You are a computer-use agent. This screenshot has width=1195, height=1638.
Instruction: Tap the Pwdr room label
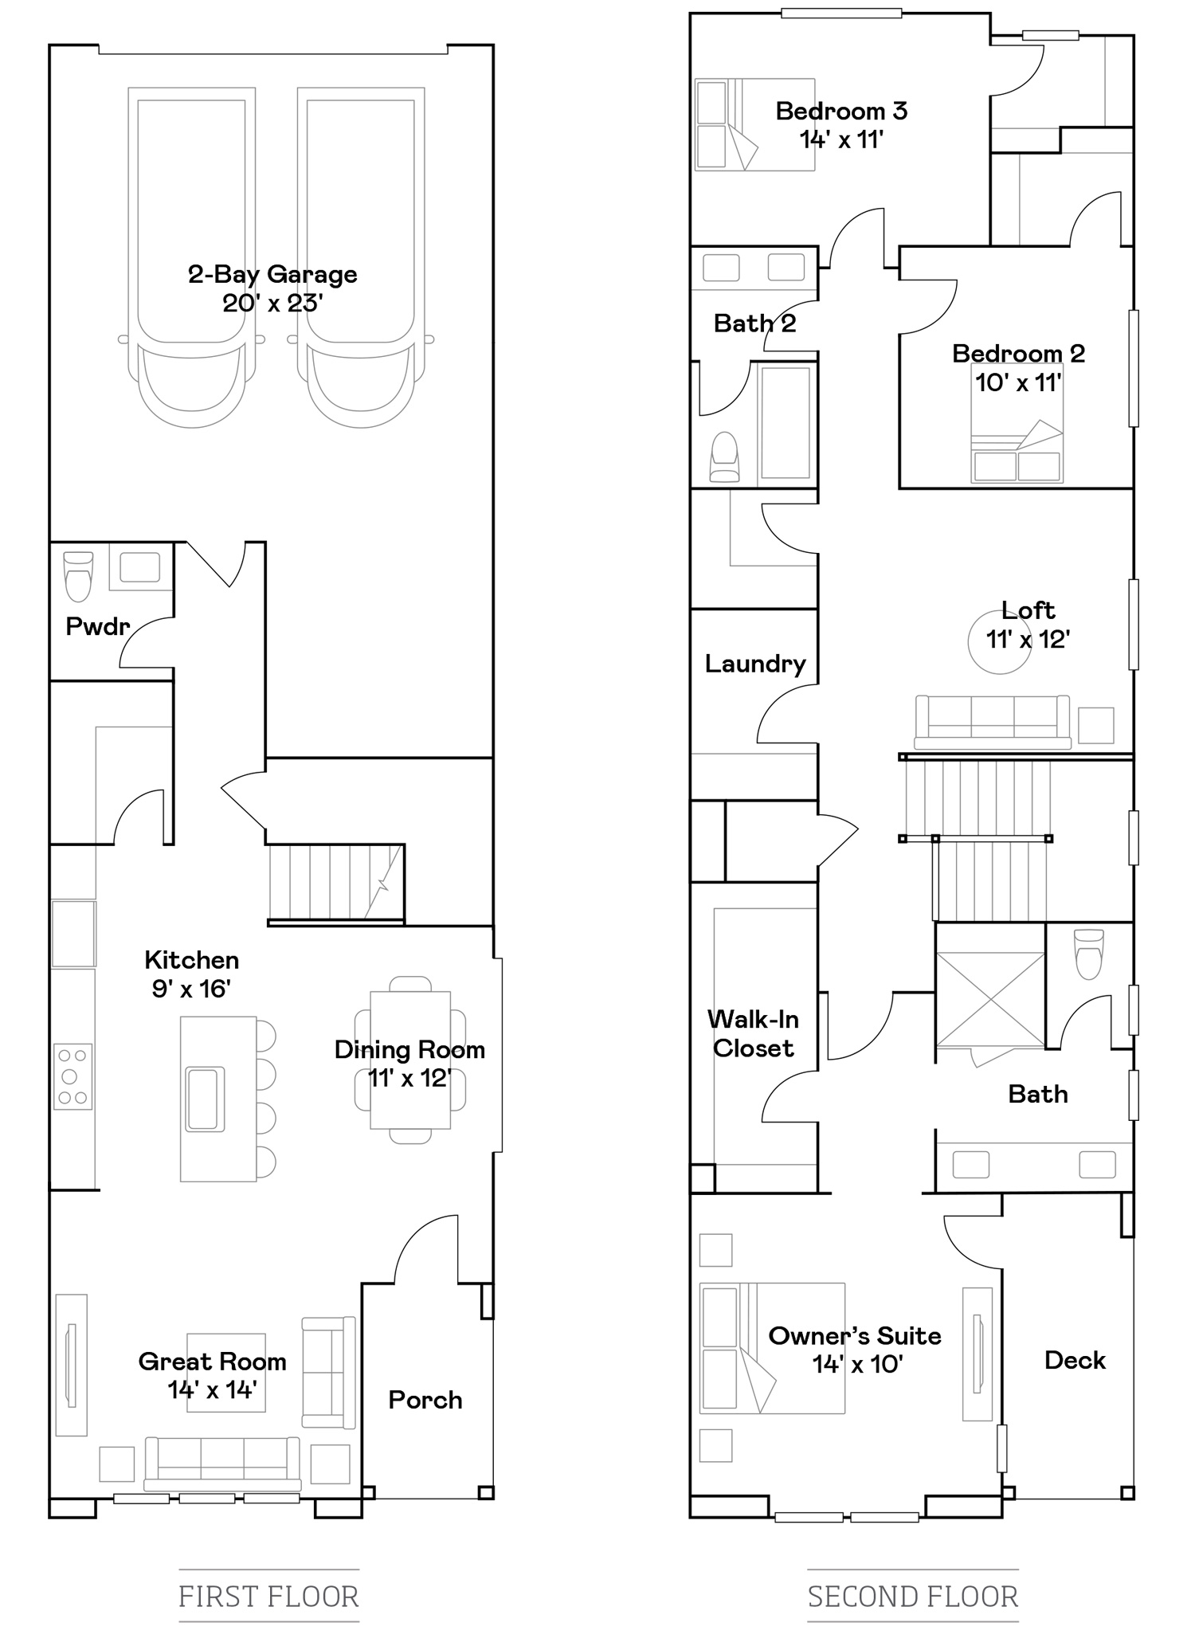tap(97, 626)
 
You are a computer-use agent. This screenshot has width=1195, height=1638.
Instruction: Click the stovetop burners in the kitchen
tap(72, 1076)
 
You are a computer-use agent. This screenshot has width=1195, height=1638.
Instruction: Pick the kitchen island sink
tap(205, 1099)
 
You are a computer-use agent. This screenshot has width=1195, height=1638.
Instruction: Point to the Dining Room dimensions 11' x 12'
tap(409, 1079)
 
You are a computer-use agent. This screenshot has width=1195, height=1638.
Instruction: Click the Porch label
tap(425, 1400)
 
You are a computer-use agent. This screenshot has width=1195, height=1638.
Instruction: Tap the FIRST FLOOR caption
tap(269, 1597)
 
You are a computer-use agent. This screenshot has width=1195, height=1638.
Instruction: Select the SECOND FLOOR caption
tap(913, 1597)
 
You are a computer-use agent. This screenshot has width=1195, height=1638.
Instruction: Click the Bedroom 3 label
tap(841, 111)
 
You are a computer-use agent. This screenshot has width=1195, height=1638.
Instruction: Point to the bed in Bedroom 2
tap(1017, 423)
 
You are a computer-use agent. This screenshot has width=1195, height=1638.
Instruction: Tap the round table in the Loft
tap(999, 642)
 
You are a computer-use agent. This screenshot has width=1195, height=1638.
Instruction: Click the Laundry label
tap(755, 664)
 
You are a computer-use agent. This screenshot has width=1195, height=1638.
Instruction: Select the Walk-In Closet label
tap(753, 1033)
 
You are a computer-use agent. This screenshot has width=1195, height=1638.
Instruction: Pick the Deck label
tap(1075, 1360)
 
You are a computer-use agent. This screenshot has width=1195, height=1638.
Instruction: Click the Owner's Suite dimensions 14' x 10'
tap(856, 1365)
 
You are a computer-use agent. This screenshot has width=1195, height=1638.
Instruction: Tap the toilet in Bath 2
tap(724, 457)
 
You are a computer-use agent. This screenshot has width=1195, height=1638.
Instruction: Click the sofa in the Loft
tap(992, 723)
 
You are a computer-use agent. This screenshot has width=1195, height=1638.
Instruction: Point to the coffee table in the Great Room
tap(226, 1373)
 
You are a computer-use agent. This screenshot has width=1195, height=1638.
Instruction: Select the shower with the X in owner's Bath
tap(990, 1000)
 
